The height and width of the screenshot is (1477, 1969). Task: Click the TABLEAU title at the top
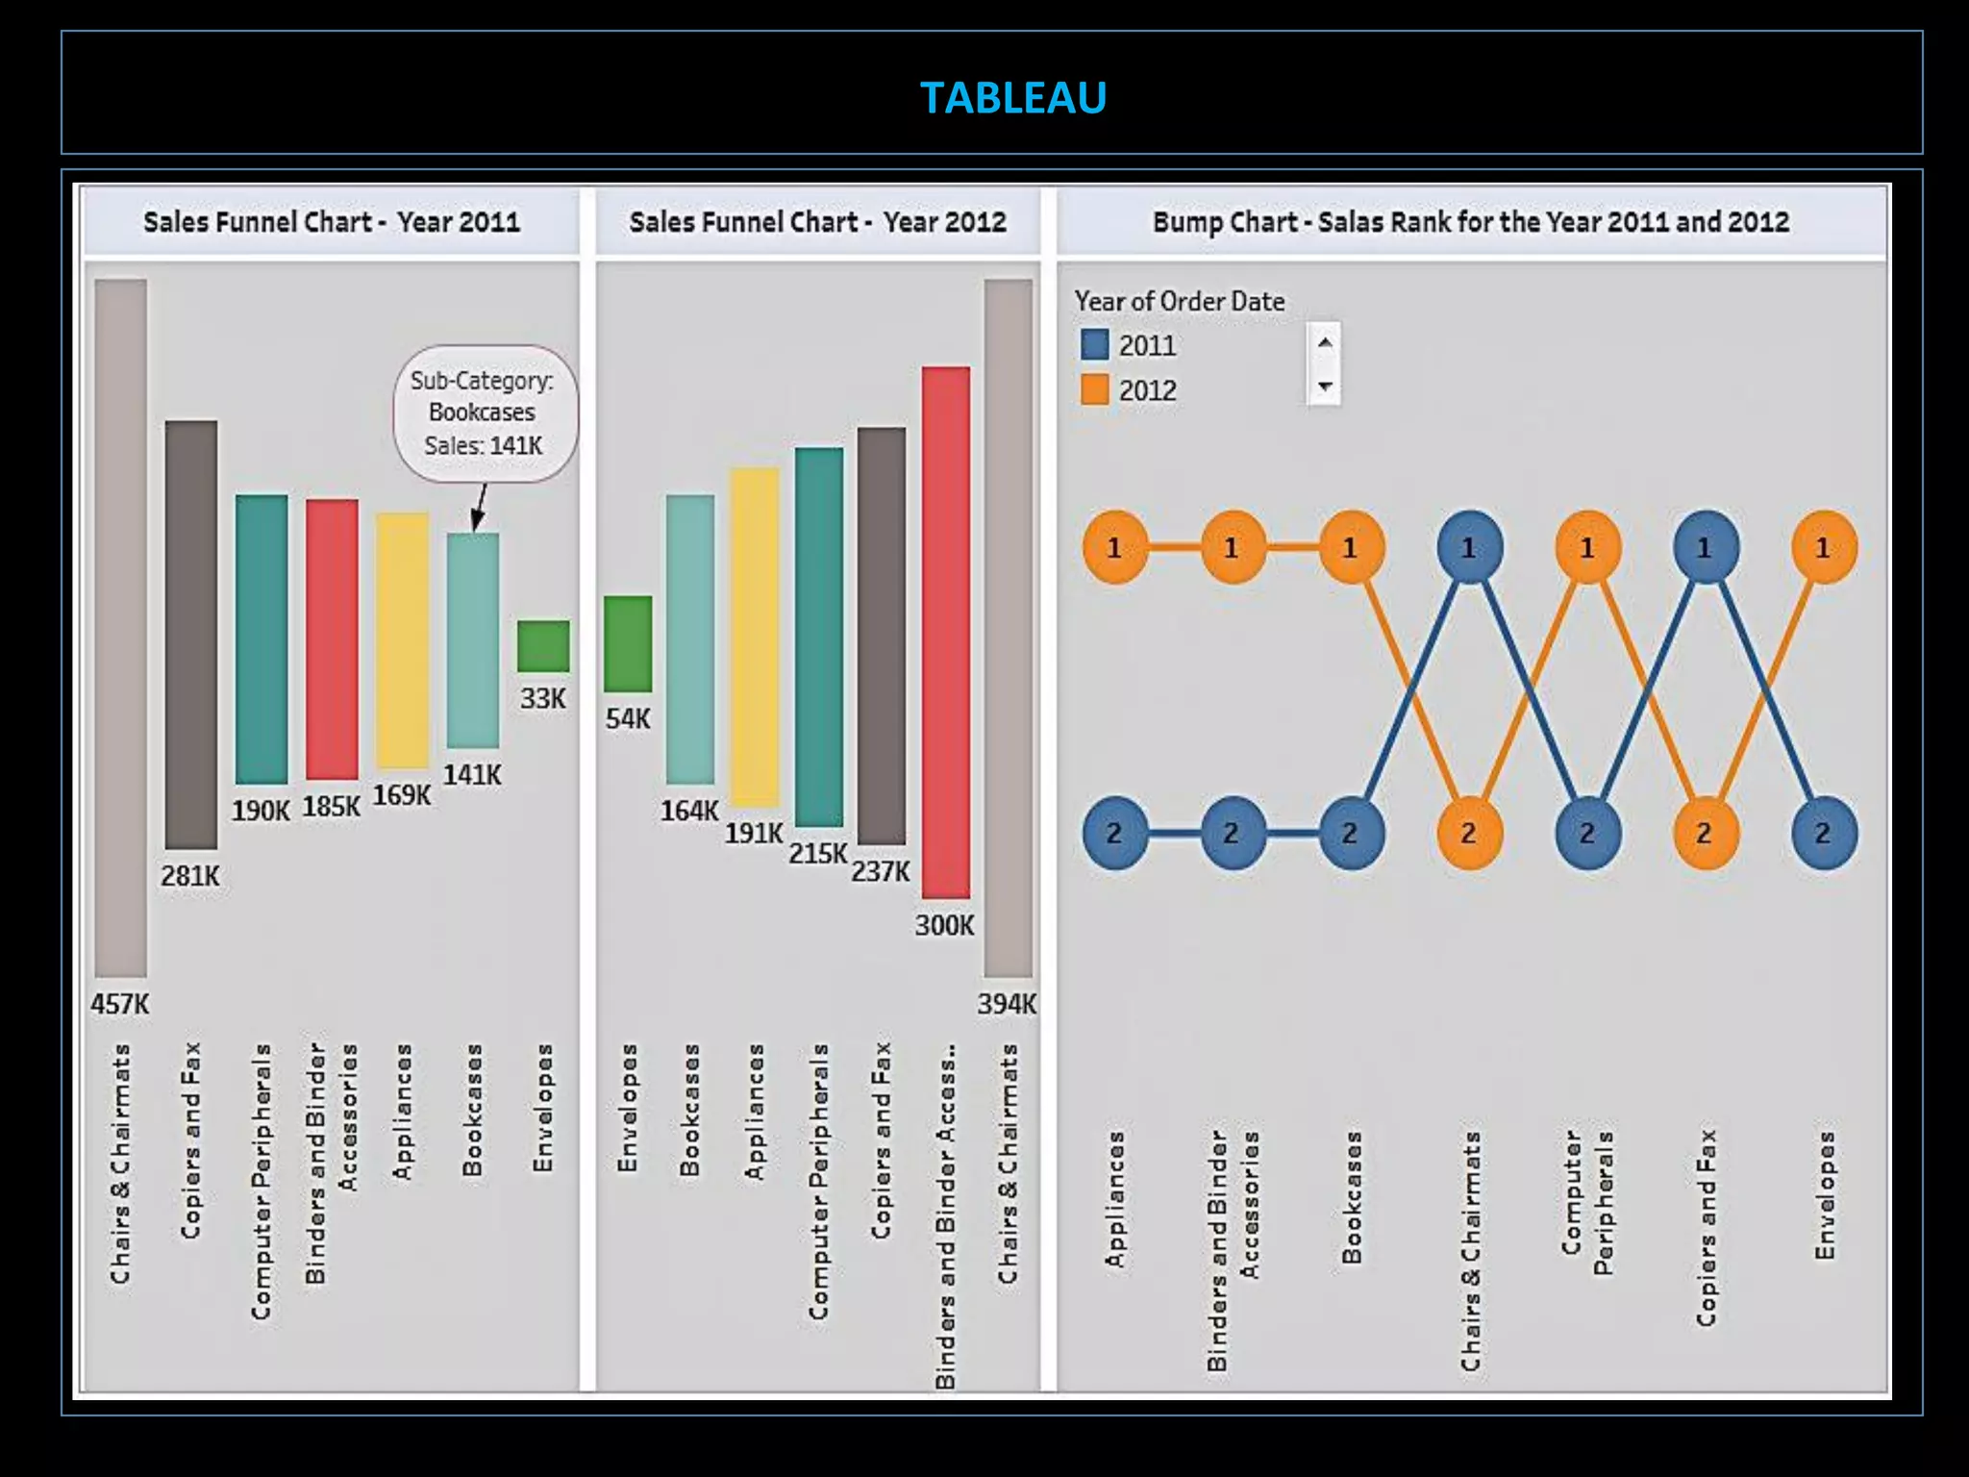tap(1012, 97)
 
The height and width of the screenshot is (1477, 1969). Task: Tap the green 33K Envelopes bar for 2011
tap(543, 646)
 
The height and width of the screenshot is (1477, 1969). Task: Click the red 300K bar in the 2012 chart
tap(945, 632)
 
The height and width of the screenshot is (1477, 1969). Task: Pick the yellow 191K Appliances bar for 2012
tap(754, 637)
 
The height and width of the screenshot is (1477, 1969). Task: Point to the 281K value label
tap(189, 876)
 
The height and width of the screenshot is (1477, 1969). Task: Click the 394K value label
tap(1007, 1004)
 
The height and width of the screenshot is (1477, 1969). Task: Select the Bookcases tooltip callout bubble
tap(484, 413)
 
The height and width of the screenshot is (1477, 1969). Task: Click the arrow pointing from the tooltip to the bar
tap(479, 507)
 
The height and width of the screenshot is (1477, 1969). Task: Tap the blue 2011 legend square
tap(1094, 344)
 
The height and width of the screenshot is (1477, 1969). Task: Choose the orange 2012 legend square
tap(1094, 389)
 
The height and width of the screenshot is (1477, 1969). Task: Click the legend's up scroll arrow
tap(1325, 342)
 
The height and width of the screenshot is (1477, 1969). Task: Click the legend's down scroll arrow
tap(1325, 387)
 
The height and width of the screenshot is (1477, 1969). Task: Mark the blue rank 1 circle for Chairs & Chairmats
tap(1469, 547)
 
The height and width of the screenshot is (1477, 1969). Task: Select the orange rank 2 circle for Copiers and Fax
tap(1705, 833)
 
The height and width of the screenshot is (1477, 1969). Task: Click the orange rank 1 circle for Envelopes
tap(1823, 547)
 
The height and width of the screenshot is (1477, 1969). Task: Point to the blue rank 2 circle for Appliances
tap(1114, 833)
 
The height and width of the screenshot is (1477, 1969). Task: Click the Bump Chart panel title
tap(1470, 222)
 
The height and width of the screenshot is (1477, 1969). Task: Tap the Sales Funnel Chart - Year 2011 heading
tap(332, 222)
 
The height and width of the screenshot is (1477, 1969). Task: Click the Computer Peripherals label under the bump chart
tap(1587, 1202)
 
